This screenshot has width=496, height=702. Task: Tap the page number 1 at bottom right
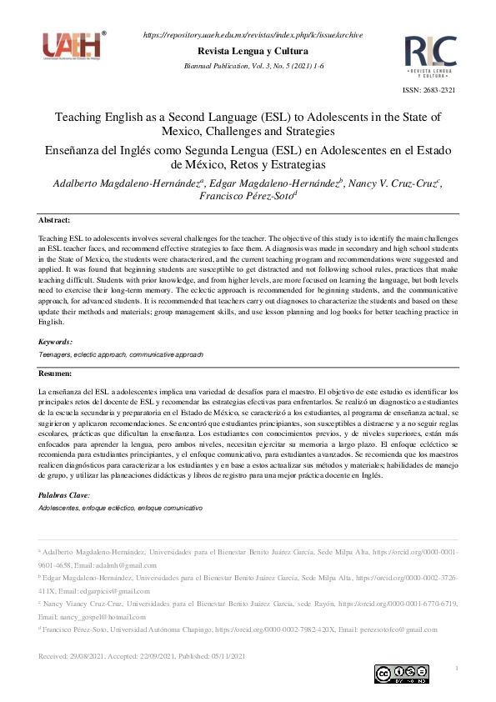pos(456,669)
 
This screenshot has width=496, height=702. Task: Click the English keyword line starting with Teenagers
pos(121,354)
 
